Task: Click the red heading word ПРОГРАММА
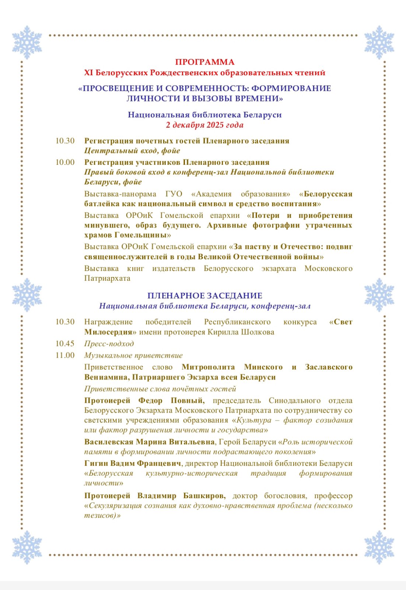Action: (204, 62)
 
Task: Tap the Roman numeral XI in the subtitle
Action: (88, 73)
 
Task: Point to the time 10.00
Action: (65, 162)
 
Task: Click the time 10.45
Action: (65, 344)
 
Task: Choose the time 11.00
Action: (65, 355)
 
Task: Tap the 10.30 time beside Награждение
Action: (65, 322)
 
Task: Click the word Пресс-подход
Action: (109, 344)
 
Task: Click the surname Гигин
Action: (96, 464)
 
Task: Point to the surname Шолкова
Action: (258, 332)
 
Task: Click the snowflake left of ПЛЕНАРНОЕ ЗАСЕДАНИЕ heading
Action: (27, 295)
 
